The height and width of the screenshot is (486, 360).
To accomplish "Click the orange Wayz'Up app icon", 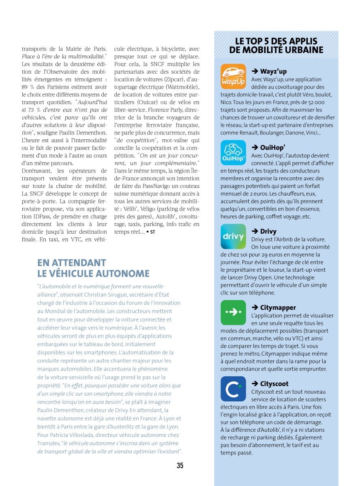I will point(233,77).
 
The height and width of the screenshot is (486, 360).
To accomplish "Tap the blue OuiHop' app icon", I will point(233,153).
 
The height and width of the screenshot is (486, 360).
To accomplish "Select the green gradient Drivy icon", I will point(233,237).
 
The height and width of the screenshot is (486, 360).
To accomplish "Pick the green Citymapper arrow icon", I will point(233,313).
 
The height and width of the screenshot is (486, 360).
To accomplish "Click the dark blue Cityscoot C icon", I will point(233,389).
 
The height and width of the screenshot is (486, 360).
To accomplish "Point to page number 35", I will point(180,466).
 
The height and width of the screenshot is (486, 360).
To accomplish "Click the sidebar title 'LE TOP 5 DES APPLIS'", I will point(276,41).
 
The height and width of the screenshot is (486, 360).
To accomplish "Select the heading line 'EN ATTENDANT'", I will point(72,263).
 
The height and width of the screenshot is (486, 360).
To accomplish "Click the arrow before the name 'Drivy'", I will point(255,232).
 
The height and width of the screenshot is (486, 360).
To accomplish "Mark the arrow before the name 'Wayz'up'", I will point(255,72).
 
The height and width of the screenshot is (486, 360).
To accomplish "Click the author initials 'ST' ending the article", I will point(152,232).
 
